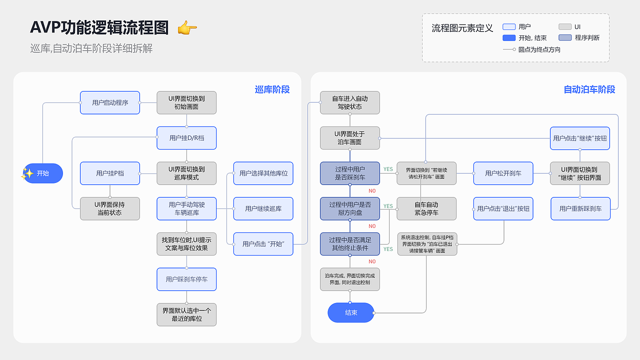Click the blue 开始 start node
(43, 173)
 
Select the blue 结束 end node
(351, 312)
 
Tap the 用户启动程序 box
(110, 102)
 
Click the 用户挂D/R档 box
(186, 138)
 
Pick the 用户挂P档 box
(110, 173)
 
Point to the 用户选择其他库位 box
(263, 173)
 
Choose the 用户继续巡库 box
(263, 208)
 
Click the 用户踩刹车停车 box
(186, 279)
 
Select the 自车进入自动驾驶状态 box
(350, 102)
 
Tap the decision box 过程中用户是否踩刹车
(350, 173)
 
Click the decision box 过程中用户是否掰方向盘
(350, 208)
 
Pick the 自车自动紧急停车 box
(426, 208)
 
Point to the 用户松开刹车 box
(503, 173)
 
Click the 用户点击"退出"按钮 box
(503, 208)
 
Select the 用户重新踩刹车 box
(580, 208)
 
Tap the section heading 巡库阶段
(272, 89)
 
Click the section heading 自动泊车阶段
(589, 89)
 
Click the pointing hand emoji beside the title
(187, 27)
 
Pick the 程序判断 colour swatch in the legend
(565, 38)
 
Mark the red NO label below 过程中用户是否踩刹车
(372, 191)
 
